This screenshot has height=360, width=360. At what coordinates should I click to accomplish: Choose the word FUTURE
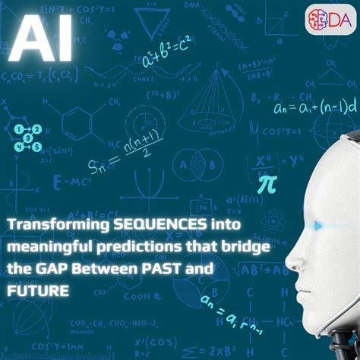pos(36,291)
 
